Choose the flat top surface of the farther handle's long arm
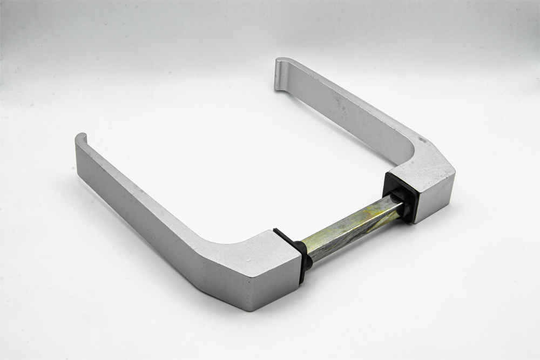(346, 103)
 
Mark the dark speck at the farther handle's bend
(422, 141)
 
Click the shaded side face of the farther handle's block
(437, 197)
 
